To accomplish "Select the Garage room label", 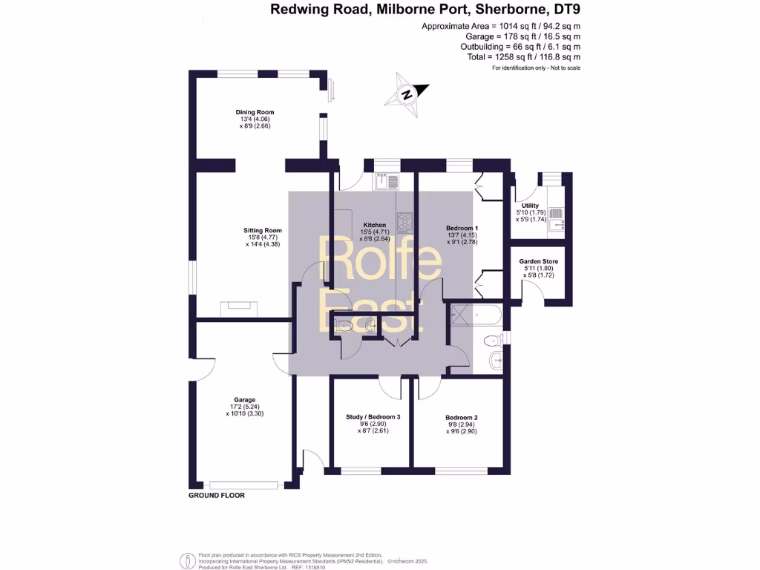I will pos(245,399).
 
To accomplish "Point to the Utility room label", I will pos(530,206).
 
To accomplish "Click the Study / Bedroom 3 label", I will pos(373,417).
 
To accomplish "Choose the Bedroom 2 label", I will pos(462,417).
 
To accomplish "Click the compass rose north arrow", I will pos(407,94).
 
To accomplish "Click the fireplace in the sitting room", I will pos(238,308).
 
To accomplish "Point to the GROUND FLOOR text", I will pos(216,495).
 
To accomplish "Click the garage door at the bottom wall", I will pos(243,485).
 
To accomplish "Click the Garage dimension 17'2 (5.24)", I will pos(245,407).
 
